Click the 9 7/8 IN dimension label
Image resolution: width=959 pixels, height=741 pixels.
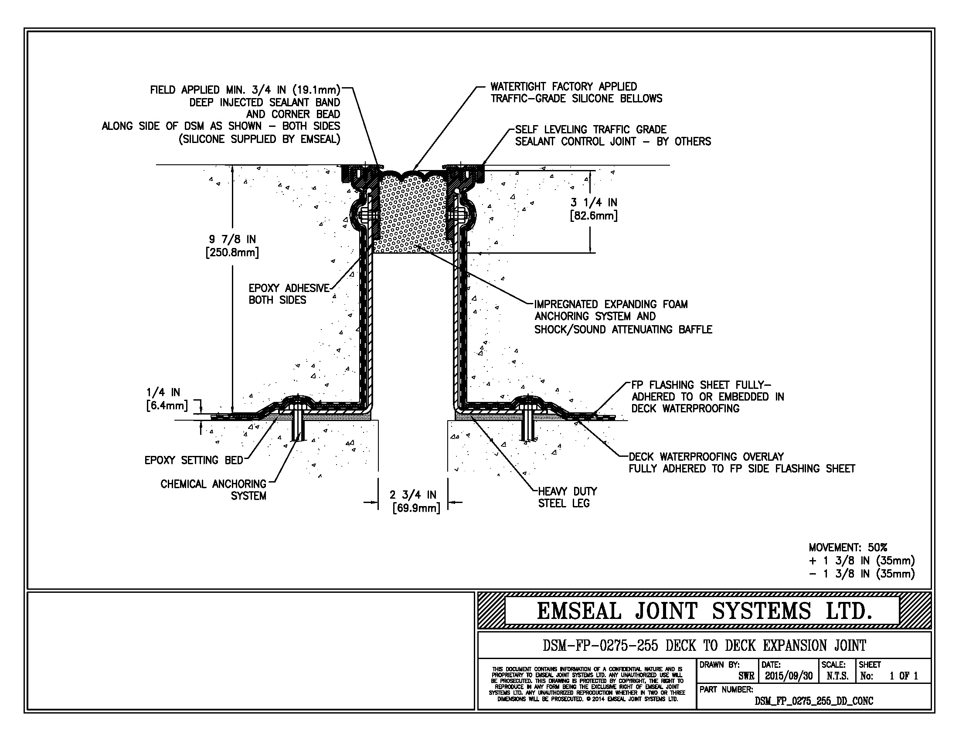point(232,246)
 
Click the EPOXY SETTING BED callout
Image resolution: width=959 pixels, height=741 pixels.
point(194,460)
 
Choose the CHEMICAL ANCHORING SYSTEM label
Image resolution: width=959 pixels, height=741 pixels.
point(214,490)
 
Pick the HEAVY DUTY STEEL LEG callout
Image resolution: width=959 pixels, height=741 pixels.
point(567,497)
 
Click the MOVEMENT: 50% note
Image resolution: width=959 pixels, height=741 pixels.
point(848,547)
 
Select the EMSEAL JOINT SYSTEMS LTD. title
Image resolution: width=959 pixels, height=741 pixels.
point(704,611)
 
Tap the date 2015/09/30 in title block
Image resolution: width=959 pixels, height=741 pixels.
point(789,676)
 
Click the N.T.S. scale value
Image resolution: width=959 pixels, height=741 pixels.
point(837,676)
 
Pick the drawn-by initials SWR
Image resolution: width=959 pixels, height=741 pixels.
point(746,676)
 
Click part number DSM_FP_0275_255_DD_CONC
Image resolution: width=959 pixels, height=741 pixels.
point(814,701)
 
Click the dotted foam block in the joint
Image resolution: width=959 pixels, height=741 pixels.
point(413,215)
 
